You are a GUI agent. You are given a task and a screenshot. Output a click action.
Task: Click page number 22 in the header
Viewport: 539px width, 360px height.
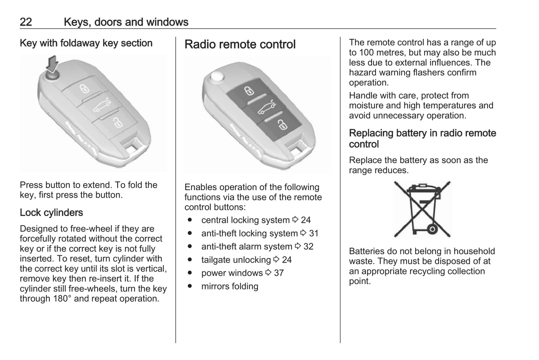[26, 22]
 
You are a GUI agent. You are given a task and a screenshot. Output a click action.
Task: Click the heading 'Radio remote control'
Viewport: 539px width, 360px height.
[240, 44]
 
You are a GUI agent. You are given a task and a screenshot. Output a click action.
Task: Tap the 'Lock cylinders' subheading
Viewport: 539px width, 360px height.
[51, 213]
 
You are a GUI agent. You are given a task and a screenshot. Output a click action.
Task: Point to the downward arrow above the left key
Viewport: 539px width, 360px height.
[53, 63]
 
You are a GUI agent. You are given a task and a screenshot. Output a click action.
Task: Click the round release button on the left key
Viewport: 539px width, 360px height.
[53, 74]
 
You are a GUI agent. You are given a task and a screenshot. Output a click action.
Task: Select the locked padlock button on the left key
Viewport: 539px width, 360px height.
[84, 89]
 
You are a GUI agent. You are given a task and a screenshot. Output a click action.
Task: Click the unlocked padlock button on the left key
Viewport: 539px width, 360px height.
[117, 122]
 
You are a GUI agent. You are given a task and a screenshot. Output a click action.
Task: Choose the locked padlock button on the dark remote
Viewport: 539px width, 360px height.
[248, 91]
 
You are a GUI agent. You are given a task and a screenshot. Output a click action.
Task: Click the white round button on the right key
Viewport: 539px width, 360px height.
[217, 77]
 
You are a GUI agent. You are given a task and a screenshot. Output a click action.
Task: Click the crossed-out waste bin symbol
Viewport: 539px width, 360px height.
[422, 209]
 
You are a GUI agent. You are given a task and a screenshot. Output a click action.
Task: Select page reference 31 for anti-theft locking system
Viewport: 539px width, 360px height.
[314, 234]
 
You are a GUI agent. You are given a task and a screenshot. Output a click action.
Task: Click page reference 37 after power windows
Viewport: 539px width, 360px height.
[279, 273]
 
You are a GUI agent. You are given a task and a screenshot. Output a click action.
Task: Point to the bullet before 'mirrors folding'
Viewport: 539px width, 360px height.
[190, 286]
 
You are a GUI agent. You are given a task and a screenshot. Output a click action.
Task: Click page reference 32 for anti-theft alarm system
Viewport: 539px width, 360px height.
[308, 247]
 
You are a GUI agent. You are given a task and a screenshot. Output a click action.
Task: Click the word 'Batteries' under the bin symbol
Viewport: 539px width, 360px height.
[366, 251]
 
